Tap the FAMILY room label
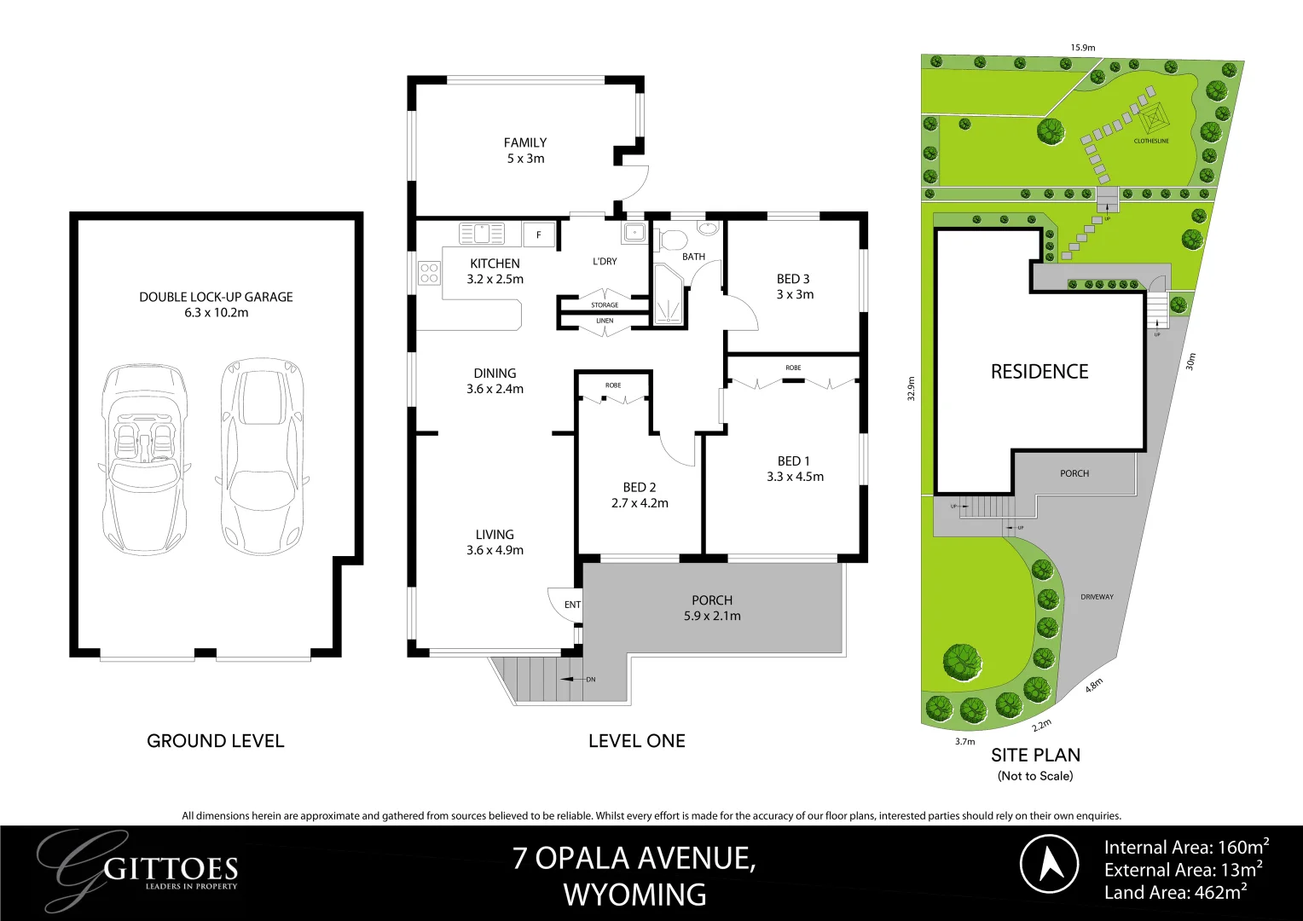pos(524,142)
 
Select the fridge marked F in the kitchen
pos(538,235)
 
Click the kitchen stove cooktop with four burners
pos(429,274)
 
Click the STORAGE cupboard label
pos(605,304)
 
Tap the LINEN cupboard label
pos(605,321)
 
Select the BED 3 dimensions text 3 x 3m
pos(794,294)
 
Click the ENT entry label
pos(572,605)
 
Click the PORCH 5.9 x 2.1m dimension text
pos(712,616)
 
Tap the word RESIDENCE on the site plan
pos(1039,372)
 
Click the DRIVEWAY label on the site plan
pos(1097,597)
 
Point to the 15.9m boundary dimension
pos(1083,48)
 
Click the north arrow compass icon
pos(1050,864)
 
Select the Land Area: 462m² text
pos(1175,893)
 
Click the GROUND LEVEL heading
pos(215,741)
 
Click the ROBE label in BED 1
pos(793,368)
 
